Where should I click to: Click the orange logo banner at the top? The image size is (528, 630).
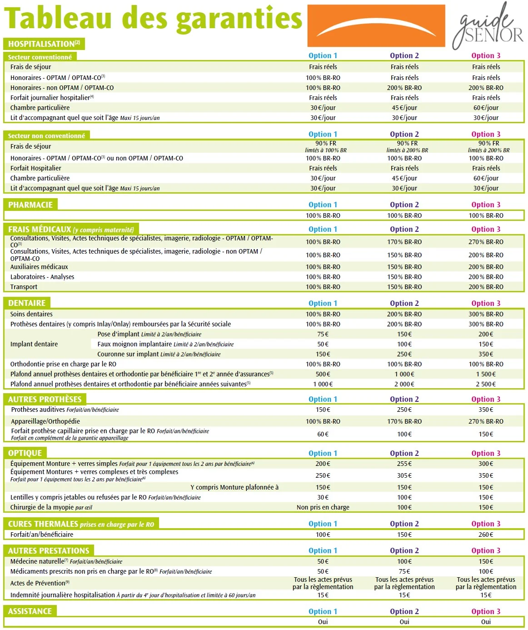pos(376,25)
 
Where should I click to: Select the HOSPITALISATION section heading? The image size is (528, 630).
pos(44,44)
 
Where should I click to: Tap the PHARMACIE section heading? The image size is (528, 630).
pos(30,205)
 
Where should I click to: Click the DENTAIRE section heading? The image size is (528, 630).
pos(27,303)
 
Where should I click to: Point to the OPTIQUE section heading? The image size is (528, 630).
pos(25,453)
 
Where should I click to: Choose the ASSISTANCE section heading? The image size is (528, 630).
pos(30,611)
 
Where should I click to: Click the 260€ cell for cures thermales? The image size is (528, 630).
pos(486,535)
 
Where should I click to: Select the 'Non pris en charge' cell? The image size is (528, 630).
pos(323,507)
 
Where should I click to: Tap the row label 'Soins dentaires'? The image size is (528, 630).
pos(31,314)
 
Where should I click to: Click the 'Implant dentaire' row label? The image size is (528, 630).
pos(34,344)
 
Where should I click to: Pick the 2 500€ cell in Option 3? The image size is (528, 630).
pos(486,384)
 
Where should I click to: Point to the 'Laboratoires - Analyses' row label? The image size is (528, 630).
pos(42,277)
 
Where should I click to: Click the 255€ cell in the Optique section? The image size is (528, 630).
pos(404,464)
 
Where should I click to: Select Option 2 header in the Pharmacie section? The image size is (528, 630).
pos(404,205)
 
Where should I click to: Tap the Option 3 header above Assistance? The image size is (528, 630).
pos(486,611)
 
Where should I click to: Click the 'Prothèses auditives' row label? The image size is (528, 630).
pos(38,410)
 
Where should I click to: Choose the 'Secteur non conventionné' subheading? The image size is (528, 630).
pos(46,135)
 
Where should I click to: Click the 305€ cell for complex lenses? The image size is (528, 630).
pos(404,475)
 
